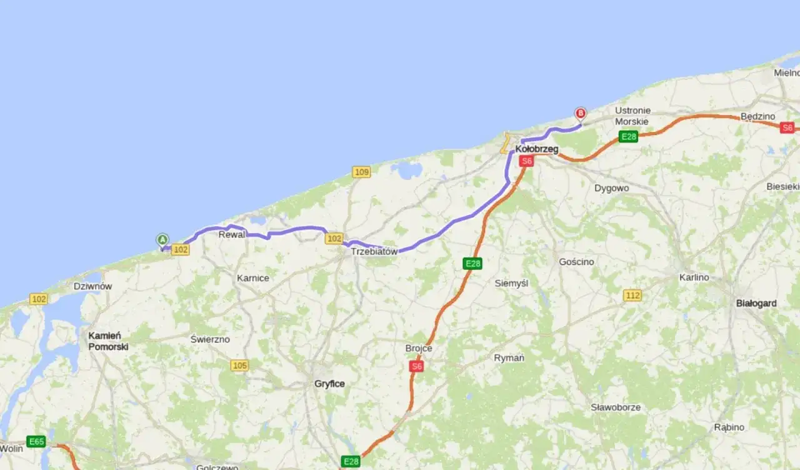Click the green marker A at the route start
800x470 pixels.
[x=162, y=239]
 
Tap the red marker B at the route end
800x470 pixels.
[x=581, y=113]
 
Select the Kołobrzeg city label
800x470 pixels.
[x=537, y=149]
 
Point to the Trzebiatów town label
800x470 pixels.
[x=374, y=251]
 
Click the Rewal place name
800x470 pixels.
[x=231, y=235]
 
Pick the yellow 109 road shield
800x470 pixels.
[x=361, y=172]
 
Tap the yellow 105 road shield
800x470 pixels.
[x=239, y=365]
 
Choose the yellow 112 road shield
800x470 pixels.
[x=632, y=295]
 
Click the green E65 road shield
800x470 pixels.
[x=36, y=441]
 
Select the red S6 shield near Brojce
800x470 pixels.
[x=417, y=366]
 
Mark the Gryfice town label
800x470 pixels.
[x=329, y=384]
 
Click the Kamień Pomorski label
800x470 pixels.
[x=108, y=341]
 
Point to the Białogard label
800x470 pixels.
[x=756, y=303]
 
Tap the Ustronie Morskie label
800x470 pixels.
[x=632, y=116]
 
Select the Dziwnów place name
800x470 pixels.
[x=92, y=286]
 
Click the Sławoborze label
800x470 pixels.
[x=616, y=407]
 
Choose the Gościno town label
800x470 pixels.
[x=576, y=262]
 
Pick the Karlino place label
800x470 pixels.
[x=694, y=277]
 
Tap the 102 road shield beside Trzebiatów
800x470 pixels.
[x=334, y=239]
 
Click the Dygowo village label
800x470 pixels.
[x=612, y=188]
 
